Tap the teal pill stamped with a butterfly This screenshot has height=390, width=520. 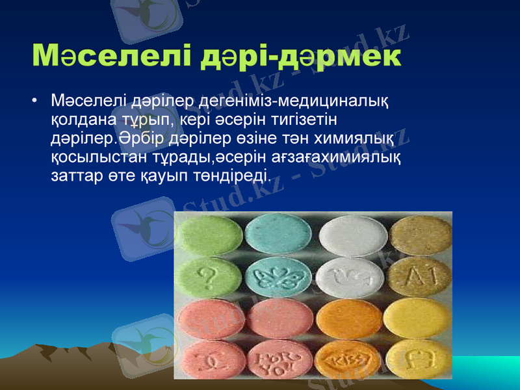tap(278, 279)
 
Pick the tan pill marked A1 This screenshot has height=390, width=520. tap(417, 278)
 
